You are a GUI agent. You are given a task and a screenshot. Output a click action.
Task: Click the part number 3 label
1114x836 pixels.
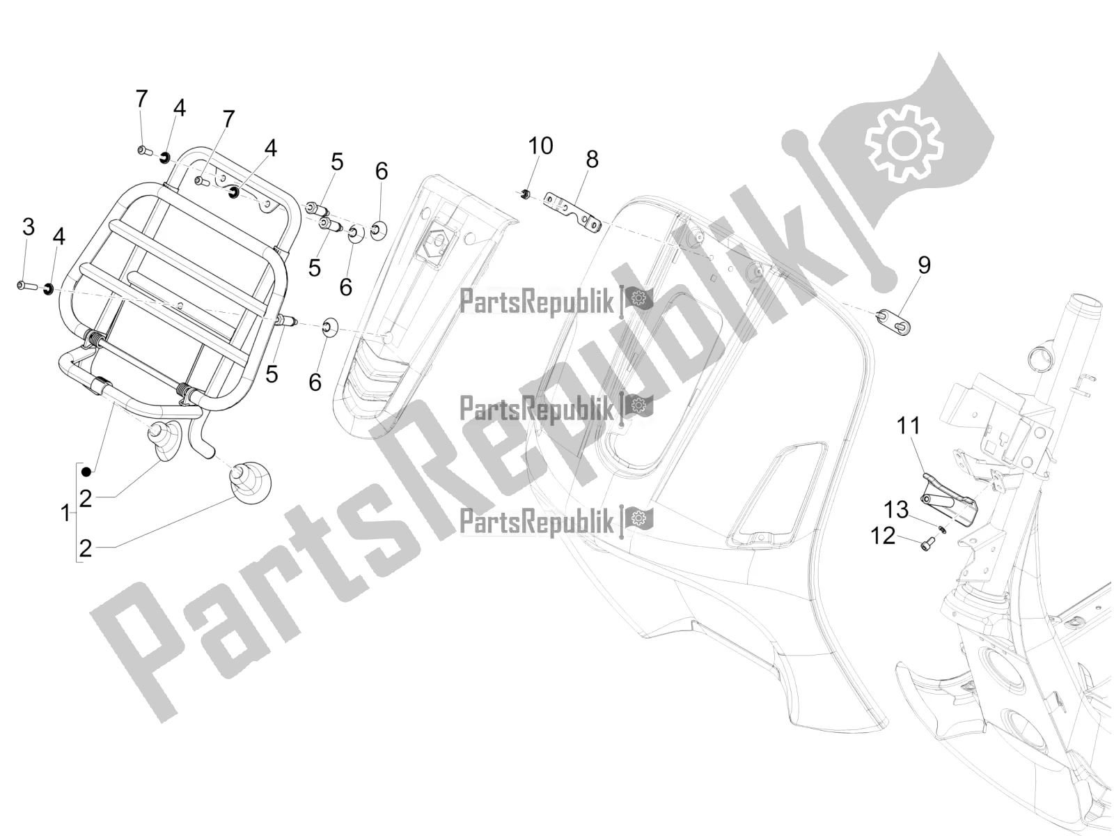tap(29, 227)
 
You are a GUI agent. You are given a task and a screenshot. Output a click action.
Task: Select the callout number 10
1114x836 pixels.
tap(540, 146)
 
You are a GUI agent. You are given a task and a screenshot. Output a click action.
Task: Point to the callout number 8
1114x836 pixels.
tap(592, 160)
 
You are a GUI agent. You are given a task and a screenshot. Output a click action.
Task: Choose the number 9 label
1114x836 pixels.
tap(924, 265)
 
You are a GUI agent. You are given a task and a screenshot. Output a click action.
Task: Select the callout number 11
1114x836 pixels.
tap(909, 426)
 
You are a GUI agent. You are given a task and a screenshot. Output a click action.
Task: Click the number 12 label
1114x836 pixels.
tap(883, 536)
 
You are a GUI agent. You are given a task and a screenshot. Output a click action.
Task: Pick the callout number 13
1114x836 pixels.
tap(896, 510)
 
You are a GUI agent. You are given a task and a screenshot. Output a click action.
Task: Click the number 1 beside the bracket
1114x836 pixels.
tap(65, 513)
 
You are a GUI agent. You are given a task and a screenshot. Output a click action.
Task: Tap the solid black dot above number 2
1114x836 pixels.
tap(87, 472)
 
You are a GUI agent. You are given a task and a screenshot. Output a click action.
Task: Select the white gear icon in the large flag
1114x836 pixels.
tap(904, 144)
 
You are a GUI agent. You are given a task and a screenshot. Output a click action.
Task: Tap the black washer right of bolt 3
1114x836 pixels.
tap(48, 289)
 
